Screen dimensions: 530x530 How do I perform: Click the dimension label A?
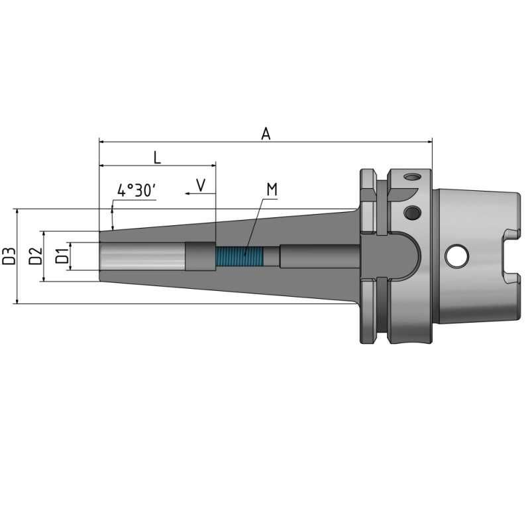(x=266, y=133)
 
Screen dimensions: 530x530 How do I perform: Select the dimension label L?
(x=156, y=157)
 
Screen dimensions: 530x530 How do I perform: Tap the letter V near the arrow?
(x=201, y=184)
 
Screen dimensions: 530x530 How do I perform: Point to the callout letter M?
(x=272, y=190)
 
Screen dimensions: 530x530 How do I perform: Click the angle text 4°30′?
(x=136, y=191)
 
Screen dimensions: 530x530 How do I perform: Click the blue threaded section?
(x=239, y=256)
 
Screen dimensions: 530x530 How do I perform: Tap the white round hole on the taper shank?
(x=456, y=256)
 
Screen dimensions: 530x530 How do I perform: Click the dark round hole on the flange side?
(x=411, y=213)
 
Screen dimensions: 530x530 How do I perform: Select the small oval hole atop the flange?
(x=413, y=178)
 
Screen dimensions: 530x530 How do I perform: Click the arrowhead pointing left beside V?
(x=188, y=193)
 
